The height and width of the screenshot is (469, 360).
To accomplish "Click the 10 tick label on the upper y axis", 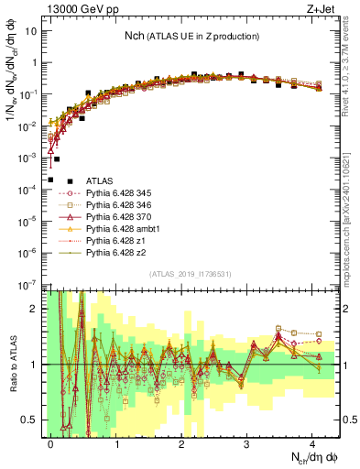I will [33, 30].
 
